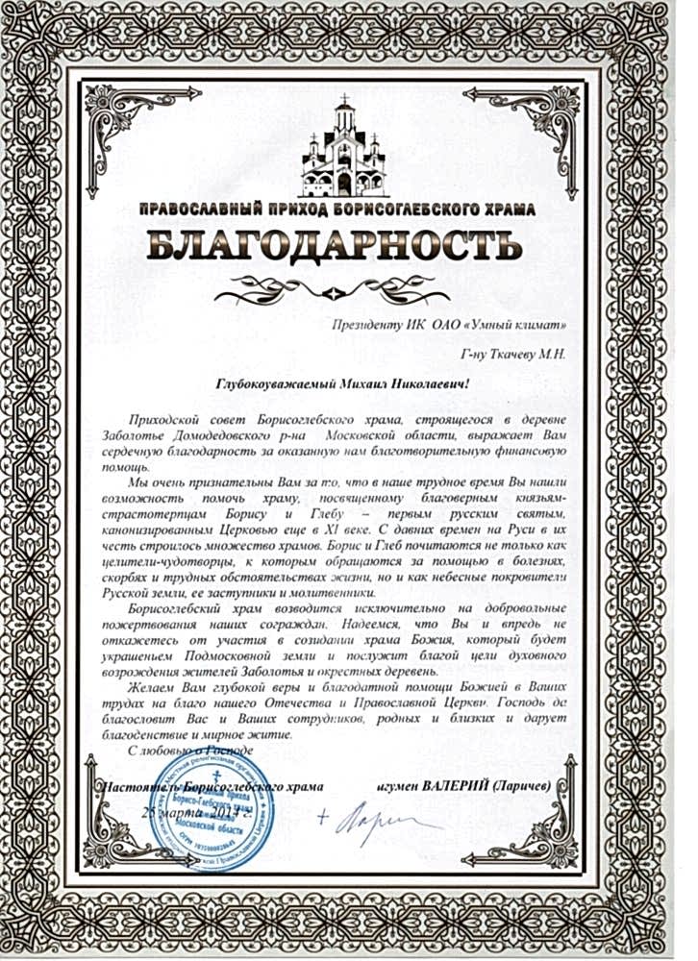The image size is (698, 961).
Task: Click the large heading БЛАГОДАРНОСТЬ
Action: pyautogui.click(x=349, y=246)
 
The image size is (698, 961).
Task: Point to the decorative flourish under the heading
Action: pyautogui.click(x=348, y=283)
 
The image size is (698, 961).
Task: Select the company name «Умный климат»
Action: pyautogui.click(x=518, y=323)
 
